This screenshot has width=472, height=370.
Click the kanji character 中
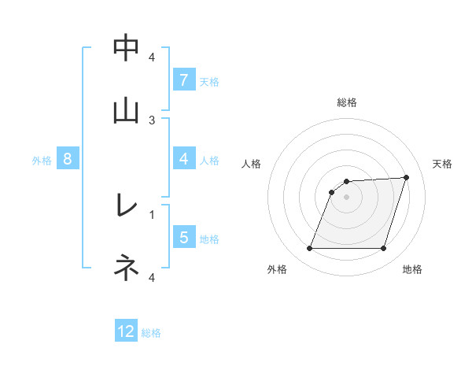pyautogui.click(x=126, y=49)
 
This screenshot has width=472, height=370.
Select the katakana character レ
pyautogui.click(x=126, y=206)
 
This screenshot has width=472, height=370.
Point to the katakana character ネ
pyautogui.click(x=126, y=268)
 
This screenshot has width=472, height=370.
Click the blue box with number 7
pyautogui.click(x=183, y=80)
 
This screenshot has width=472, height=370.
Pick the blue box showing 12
pyautogui.click(x=126, y=331)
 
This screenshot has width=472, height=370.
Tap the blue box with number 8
pyautogui.click(x=68, y=159)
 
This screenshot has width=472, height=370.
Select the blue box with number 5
pyautogui.click(x=183, y=238)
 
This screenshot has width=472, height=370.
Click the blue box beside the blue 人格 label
pyautogui.click(x=183, y=159)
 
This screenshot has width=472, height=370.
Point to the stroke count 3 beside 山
pyautogui.click(x=152, y=120)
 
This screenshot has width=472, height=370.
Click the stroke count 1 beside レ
pyautogui.click(x=152, y=213)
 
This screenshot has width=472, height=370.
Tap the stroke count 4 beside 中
pyautogui.click(x=152, y=57)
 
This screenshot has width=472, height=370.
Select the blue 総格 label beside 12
pyautogui.click(x=151, y=333)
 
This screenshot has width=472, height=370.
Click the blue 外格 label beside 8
pyautogui.click(x=42, y=160)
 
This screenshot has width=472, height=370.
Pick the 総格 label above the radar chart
pyautogui.click(x=346, y=102)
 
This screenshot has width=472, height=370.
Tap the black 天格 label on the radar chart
pyautogui.click(x=443, y=164)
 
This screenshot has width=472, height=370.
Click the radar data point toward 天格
pyautogui.click(x=407, y=177)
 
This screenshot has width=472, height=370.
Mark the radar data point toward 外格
pyautogui.click(x=309, y=249)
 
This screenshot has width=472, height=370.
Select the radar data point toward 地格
pyautogui.click(x=384, y=249)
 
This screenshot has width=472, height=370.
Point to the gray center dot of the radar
pyautogui.click(x=346, y=197)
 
